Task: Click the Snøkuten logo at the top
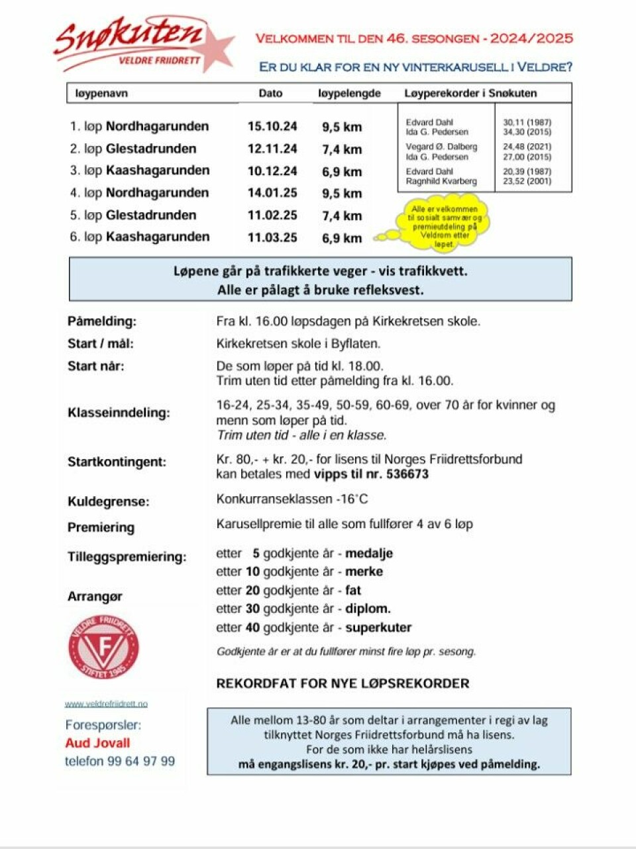point(142,44)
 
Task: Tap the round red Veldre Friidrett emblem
point(104,647)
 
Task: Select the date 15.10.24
point(272,126)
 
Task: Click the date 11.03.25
point(272,237)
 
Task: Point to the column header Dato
point(270,93)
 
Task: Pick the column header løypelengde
point(349,93)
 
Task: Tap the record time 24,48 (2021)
point(527,147)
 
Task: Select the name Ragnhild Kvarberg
point(441,181)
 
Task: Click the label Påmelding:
point(102,321)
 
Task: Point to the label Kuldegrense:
point(109,501)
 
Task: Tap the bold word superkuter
point(378,627)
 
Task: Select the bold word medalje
point(369,553)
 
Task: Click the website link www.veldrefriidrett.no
point(106,704)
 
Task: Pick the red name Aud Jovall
point(97,743)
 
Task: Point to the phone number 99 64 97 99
point(141,761)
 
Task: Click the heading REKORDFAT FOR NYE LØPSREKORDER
point(343,683)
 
